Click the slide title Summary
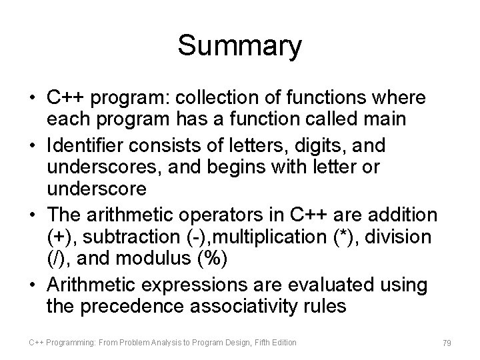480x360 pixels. pyautogui.click(x=240, y=47)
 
